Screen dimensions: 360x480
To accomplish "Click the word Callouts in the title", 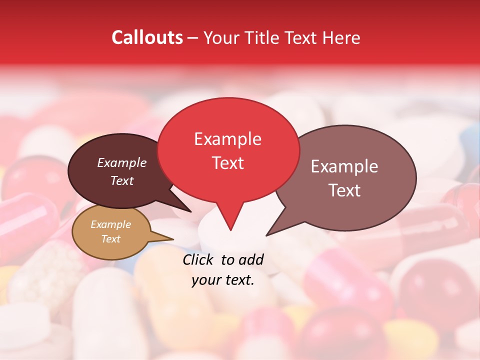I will coord(147,37).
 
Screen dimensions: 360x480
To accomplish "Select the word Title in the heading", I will coord(259,37).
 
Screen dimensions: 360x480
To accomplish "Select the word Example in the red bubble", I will coord(227,139).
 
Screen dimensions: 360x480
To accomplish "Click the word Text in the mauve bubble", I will coord(344,190).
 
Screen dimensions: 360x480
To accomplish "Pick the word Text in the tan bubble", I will coord(111,239).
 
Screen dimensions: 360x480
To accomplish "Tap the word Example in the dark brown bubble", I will coord(122,162).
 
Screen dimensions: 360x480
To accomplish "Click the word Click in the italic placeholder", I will coord(198,259).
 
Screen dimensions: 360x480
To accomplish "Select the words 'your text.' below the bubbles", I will coord(223,280).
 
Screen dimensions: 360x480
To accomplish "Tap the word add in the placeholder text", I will coord(250,259).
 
